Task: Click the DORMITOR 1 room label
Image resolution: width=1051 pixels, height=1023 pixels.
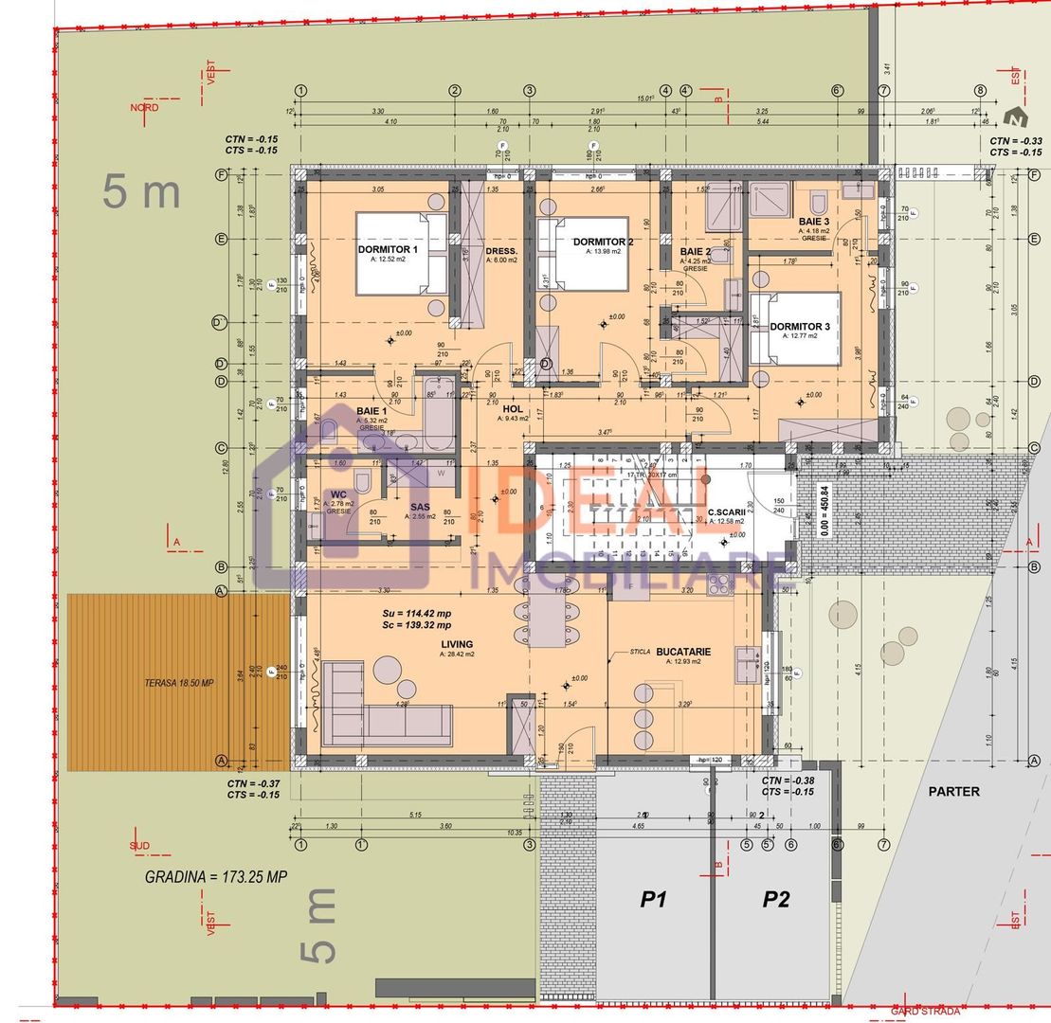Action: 388,249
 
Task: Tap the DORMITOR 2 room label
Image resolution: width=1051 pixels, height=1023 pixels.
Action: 603,242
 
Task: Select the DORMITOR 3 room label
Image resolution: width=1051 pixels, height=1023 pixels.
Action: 799,327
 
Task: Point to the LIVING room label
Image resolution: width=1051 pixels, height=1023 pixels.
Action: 457,644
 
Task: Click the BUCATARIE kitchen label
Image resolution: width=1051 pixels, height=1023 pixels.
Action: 682,652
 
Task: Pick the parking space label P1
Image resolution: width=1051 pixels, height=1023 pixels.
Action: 653,899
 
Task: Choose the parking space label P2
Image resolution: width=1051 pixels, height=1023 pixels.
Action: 775,899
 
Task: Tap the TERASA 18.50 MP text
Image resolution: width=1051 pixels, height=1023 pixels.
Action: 179,683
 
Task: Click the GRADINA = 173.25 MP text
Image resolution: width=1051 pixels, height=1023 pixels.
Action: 216,877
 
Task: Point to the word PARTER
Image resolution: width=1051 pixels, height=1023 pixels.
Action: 953,791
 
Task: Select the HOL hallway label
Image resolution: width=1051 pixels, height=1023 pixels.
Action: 513,409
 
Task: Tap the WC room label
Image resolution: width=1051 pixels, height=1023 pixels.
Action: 337,494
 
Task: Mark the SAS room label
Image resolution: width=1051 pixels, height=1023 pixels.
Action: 420,507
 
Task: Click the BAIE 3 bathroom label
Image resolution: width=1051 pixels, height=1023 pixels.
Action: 814,222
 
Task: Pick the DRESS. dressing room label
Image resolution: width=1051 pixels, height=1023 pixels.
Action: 501,252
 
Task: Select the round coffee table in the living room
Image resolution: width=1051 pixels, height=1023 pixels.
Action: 389,670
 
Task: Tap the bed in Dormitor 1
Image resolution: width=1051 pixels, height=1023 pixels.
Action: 401,256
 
